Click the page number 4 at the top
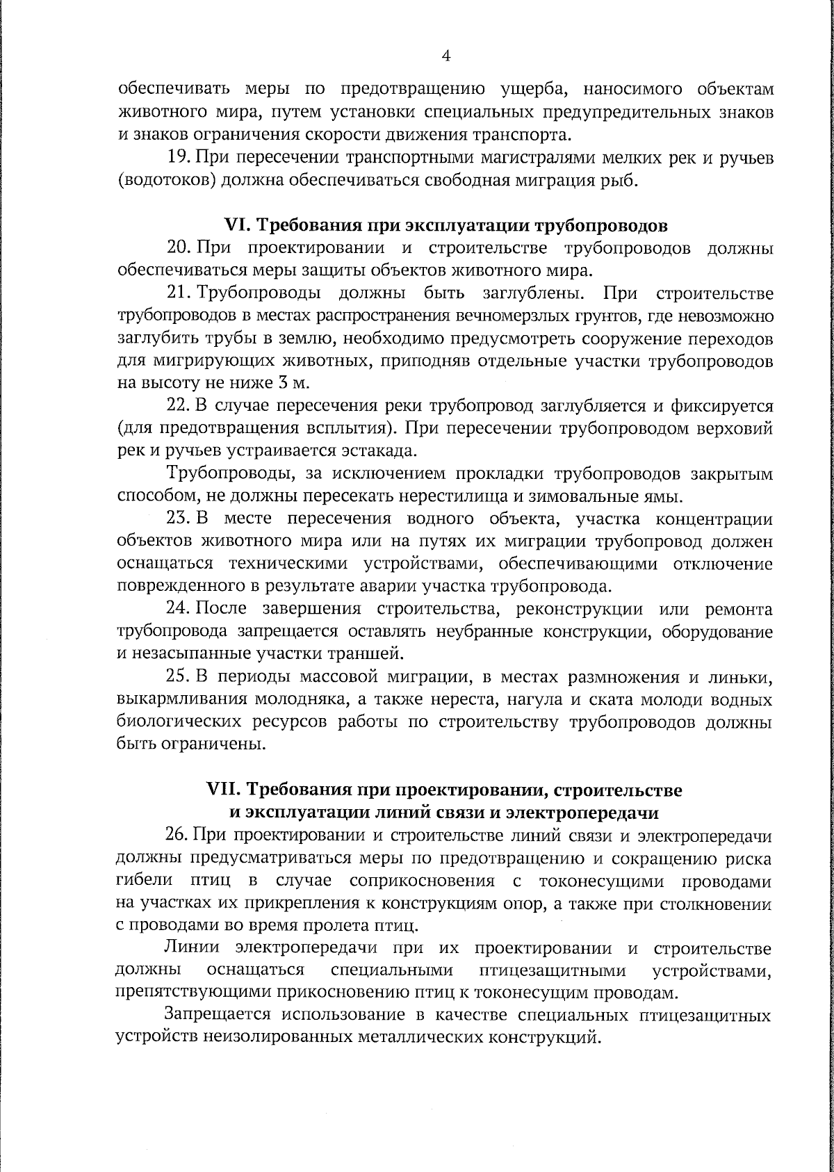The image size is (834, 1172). tap(446, 56)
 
